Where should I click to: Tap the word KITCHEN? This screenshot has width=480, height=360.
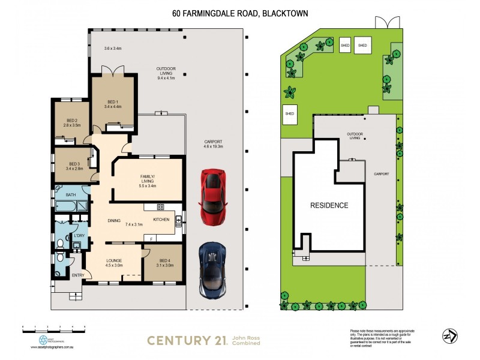[x=161, y=220]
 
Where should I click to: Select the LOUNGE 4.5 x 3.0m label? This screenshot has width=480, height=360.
[x=113, y=263]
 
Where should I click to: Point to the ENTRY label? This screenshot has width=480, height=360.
[x=78, y=275]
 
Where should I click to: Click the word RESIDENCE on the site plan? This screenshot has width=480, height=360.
[x=329, y=205]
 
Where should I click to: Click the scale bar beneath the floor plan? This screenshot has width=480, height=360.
[x=53, y=329]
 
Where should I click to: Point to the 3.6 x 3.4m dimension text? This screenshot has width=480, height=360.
[x=113, y=48]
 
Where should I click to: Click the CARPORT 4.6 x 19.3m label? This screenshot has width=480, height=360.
[x=213, y=144]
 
